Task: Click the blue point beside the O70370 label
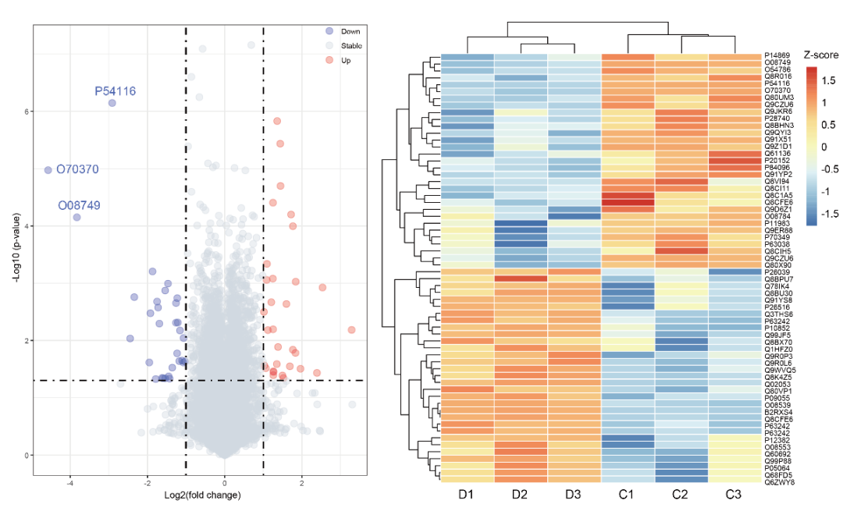pos(48,170)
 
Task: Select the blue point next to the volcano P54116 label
pos(112,103)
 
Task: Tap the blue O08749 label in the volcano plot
pos(79,206)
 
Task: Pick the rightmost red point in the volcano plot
pos(351,330)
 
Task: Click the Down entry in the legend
pos(350,31)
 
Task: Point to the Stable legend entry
pos(352,46)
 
